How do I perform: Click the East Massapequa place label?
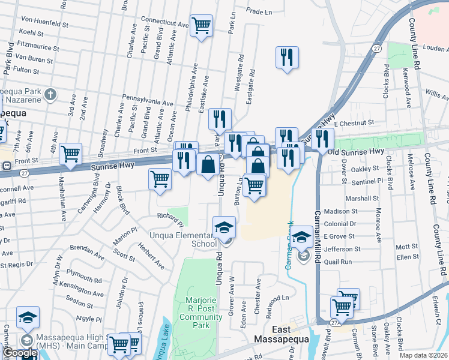tap(290, 334)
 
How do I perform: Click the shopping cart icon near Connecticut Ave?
tap(201, 25)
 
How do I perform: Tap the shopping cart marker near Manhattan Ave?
tap(70, 154)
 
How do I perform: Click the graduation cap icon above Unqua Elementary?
tap(224, 227)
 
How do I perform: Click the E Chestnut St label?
tap(355, 123)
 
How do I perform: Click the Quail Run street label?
tap(338, 262)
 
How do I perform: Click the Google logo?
tap(20, 353)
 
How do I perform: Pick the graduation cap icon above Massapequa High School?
tap(28, 316)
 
